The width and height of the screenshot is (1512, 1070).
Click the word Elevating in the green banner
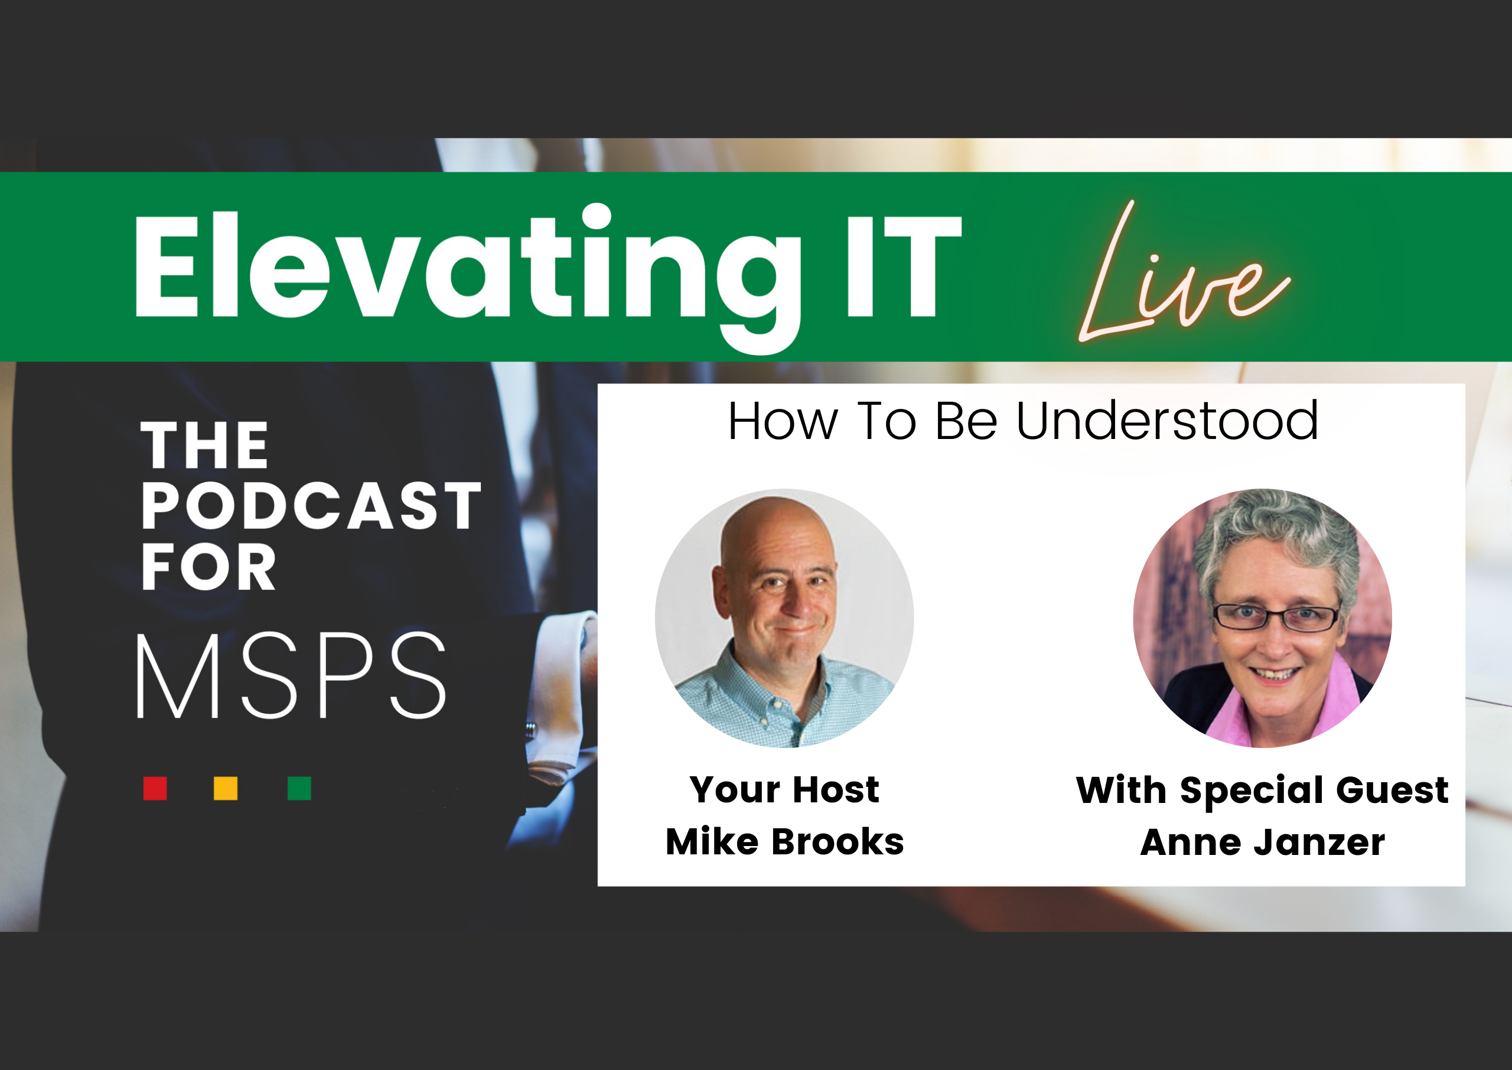click(468, 277)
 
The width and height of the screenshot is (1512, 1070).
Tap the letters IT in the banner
click(904, 267)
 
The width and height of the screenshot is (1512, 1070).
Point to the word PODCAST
click(311, 505)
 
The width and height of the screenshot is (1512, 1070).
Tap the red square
click(155, 788)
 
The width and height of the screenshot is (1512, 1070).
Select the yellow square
click(225, 788)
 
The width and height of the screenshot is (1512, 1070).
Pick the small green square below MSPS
click(299, 788)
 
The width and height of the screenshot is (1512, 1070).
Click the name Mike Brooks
click(784, 841)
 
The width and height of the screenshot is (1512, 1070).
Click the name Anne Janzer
click(1262, 842)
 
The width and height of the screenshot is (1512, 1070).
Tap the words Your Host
click(784, 789)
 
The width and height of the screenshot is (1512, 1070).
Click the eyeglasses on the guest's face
click(1276, 618)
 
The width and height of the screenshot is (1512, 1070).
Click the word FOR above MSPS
click(208, 567)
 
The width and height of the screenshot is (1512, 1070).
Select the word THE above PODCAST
click(204, 445)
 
